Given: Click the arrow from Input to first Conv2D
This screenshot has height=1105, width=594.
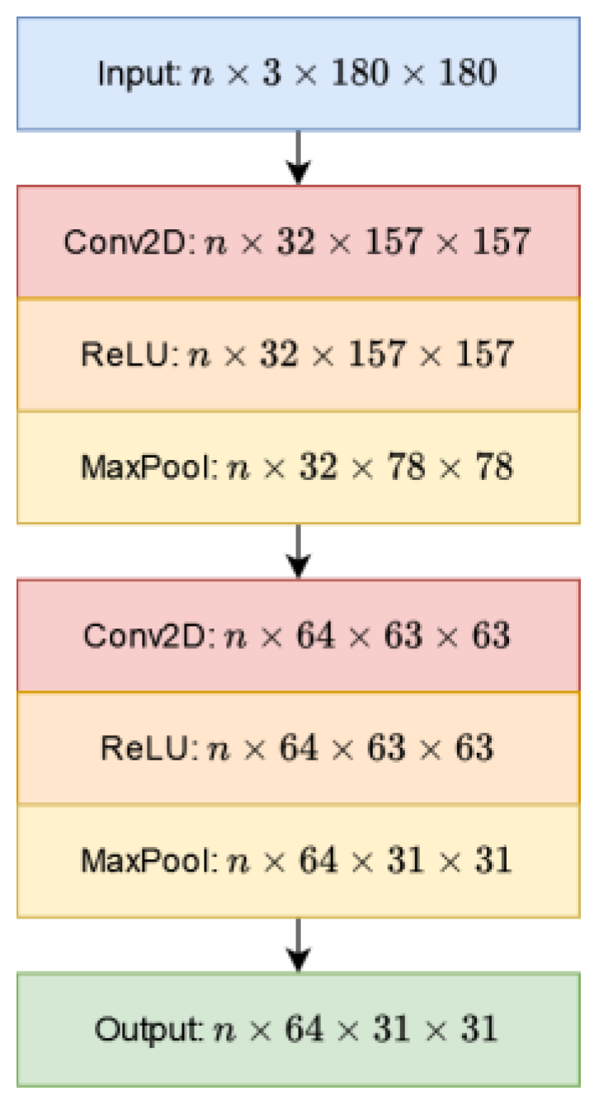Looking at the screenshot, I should [299, 157].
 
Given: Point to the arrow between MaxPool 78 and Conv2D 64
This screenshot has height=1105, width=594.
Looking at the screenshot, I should [299, 550].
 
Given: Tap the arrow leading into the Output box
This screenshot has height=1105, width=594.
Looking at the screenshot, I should [299, 944].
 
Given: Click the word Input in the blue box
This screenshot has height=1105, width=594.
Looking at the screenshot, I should [136, 74].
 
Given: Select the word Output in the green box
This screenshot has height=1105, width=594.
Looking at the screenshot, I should [147, 1028].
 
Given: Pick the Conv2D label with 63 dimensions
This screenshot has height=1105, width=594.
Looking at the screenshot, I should [148, 636].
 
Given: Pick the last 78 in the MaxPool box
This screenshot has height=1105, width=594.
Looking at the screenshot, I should [493, 468].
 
